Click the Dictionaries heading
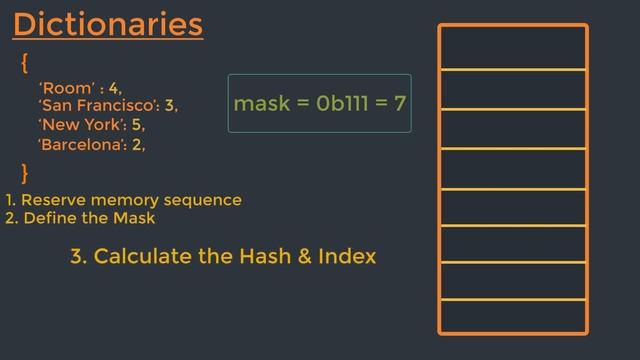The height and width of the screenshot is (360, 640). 108,24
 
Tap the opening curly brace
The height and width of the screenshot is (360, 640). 24,63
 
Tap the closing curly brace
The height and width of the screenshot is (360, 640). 24,171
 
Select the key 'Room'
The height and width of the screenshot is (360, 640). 66,88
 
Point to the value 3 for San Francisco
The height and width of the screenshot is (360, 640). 169,105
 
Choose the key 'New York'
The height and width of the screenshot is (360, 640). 81,125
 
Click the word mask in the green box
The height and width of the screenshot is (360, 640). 258,103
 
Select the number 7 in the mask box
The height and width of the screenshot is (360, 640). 400,103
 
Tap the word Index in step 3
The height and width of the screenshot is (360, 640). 347,256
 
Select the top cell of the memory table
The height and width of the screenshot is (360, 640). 513,47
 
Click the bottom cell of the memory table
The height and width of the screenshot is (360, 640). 513,315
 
